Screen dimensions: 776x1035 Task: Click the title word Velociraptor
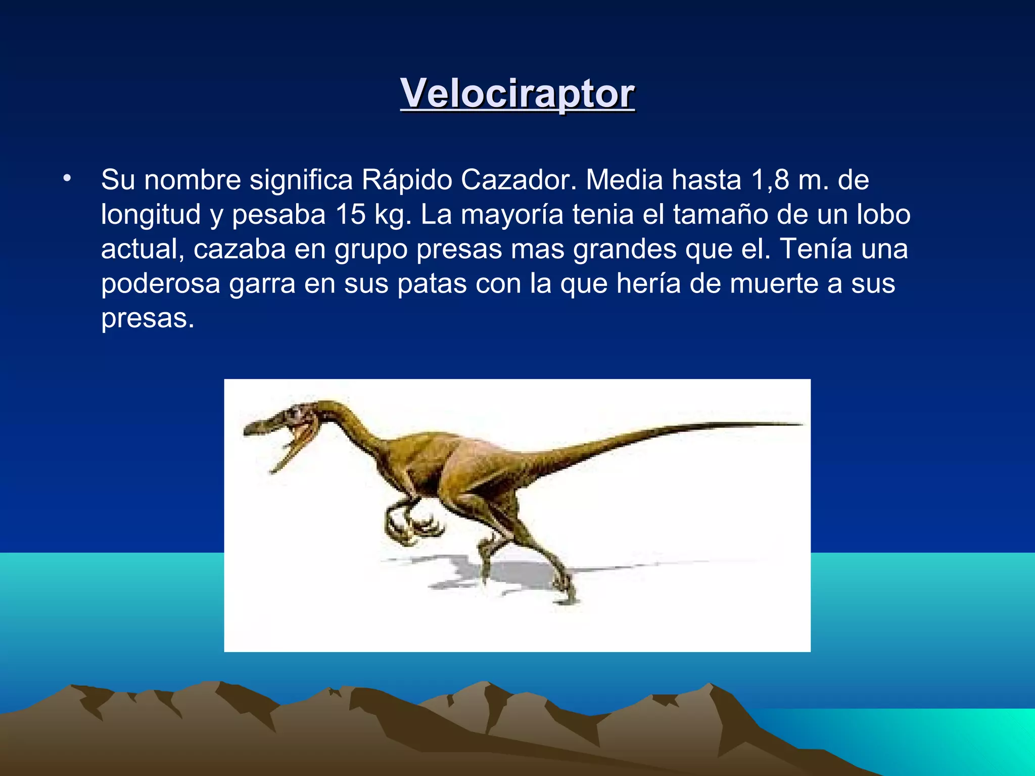coord(517,93)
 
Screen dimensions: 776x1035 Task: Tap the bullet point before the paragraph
coord(67,178)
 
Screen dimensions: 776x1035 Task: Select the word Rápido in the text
coord(407,180)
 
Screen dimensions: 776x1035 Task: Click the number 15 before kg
coord(350,214)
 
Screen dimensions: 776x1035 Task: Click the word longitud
coord(151,215)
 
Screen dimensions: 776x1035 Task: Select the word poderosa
coord(161,283)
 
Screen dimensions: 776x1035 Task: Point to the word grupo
coord(371,250)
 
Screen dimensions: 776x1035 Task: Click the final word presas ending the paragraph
coord(147,318)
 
